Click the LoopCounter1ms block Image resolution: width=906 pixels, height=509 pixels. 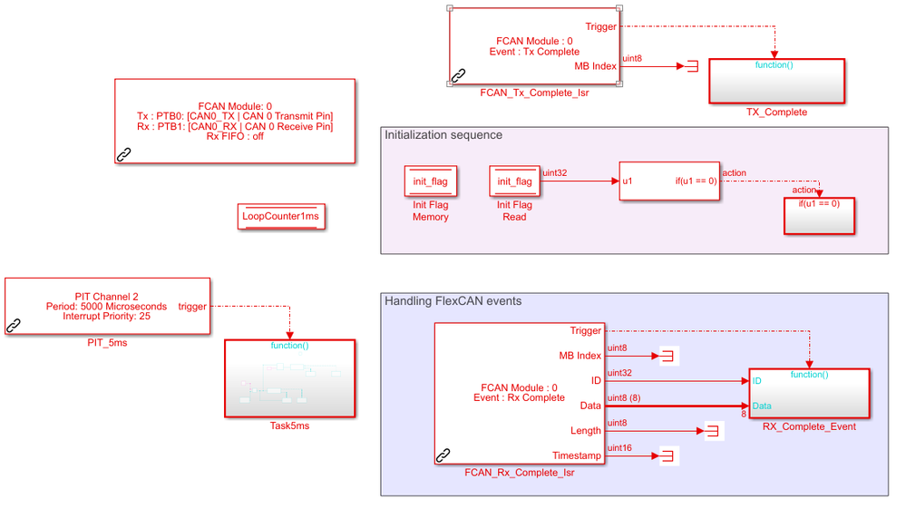point(280,217)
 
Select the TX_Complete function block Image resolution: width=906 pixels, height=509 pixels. point(776,83)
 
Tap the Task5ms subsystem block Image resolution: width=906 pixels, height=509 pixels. point(290,378)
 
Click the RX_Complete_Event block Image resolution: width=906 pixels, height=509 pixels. point(809,394)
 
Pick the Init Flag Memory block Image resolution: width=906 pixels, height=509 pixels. point(431,181)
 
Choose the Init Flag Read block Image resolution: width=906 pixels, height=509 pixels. point(514,181)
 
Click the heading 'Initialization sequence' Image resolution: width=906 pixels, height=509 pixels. point(443,135)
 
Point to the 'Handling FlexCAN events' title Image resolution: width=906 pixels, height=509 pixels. point(453,301)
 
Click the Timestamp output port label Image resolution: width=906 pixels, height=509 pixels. point(577,455)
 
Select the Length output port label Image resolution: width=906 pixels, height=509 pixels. point(585,430)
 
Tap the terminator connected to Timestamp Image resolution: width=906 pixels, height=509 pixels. point(667,455)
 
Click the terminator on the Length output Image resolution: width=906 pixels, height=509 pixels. point(711,431)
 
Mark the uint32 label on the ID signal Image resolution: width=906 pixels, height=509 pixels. point(620,373)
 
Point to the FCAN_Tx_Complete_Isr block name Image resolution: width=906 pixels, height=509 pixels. point(534,93)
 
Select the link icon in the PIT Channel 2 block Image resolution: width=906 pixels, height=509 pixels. point(14,325)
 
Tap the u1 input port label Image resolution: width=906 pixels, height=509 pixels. point(628,181)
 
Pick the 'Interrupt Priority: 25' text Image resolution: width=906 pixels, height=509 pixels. point(107,316)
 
